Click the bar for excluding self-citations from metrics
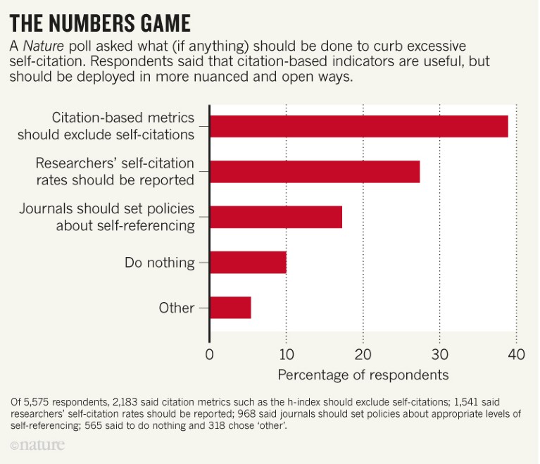359,126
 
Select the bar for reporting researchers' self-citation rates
315,172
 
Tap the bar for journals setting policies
276,217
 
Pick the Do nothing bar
248,263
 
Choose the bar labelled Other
230,308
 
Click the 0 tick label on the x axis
210,354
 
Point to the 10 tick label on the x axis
287,354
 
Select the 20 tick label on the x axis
363,354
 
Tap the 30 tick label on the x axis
439,354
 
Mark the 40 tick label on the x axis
516,354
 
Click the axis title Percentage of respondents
363,374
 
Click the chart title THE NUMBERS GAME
100,23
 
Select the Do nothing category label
159,263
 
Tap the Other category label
177,308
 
